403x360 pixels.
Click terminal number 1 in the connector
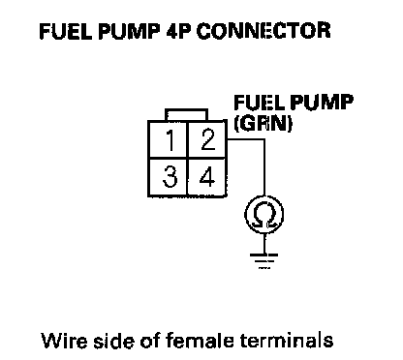coord(168,139)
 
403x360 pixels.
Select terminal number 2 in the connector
coord(206,139)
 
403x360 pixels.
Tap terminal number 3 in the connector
coord(168,177)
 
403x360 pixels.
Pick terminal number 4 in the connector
coord(206,177)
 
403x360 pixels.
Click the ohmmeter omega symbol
coord(264,215)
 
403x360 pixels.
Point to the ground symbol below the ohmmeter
coord(263,260)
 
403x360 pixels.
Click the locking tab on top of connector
coord(186,114)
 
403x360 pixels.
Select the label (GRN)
coord(263,123)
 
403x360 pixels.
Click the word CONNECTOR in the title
coord(263,31)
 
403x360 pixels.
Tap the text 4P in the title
coord(177,31)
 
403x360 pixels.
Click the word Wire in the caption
coord(64,341)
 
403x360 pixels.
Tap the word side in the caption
coord(113,340)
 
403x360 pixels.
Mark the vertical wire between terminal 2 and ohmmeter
coord(264,167)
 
